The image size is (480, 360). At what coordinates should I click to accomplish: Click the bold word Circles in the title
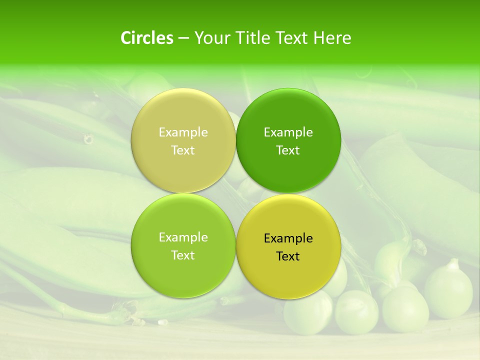[x=147, y=38]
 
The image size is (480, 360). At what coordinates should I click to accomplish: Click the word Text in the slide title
[x=291, y=38]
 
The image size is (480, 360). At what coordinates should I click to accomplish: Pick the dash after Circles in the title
[x=183, y=38]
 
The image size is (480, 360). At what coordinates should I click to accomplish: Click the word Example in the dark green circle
[x=288, y=132]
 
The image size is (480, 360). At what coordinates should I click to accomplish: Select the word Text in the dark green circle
[x=288, y=150]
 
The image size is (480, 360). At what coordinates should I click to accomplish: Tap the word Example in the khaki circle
[x=183, y=132]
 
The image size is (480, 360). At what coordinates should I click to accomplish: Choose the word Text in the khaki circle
[x=183, y=150]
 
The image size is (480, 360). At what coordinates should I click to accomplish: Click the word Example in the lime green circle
[x=183, y=237]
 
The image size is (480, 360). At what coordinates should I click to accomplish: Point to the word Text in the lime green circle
[x=183, y=255]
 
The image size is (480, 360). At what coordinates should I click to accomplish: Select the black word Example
[x=288, y=238]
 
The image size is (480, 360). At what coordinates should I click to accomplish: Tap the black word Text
[x=288, y=256]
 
